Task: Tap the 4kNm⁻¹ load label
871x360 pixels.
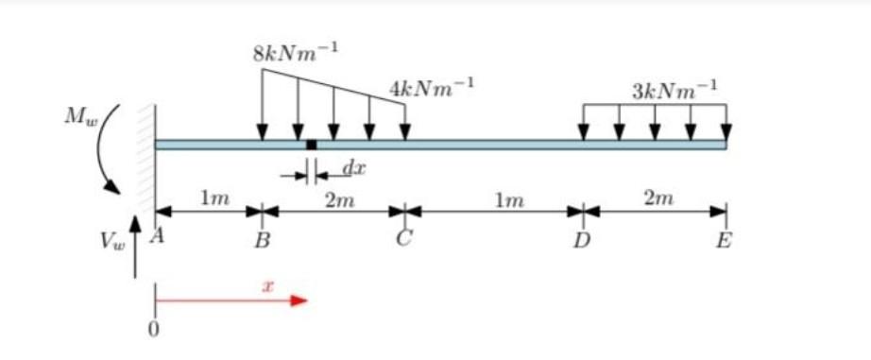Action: click(x=431, y=90)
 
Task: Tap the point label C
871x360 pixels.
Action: click(x=404, y=240)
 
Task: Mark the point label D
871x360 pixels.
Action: click(x=583, y=241)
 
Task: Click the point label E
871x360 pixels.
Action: click(x=725, y=241)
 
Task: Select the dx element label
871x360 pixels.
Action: click(x=352, y=168)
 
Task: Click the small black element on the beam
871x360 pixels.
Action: click(x=312, y=145)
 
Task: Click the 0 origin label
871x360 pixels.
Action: click(x=154, y=329)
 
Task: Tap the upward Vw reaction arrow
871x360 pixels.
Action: click(x=135, y=246)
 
